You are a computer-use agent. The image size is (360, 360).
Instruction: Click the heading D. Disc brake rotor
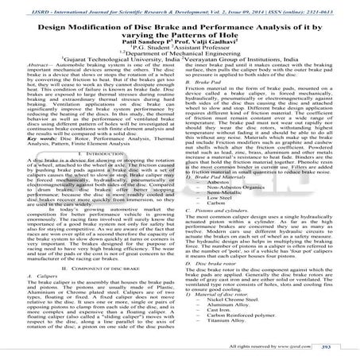point(215,285)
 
